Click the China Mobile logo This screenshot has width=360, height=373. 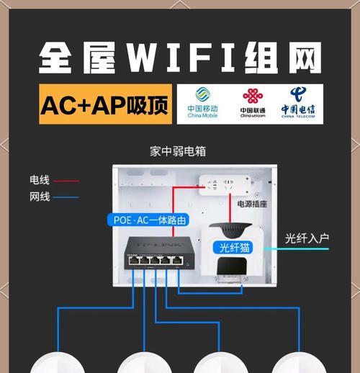click(203, 102)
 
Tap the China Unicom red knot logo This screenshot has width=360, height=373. click(253, 96)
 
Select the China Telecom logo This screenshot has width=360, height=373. click(298, 102)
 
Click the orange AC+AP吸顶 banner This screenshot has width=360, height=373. click(105, 104)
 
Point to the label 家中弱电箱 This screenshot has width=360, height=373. click(178, 151)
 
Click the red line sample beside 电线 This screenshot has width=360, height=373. click(66, 181)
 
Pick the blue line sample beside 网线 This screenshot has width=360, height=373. click(66, 197)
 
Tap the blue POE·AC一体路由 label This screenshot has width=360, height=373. click(148, 220)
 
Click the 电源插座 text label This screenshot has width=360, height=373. click(252, 204)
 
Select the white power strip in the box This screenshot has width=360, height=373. click(225, 185)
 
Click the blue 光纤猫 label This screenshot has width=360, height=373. click(233, 247)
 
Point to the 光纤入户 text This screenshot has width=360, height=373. click(307, 238)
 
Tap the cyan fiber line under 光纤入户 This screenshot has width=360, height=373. click(296, 249)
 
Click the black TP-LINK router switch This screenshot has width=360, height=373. click(159, 253)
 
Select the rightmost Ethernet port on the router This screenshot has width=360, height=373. click(177, 261)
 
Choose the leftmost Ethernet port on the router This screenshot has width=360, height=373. click(133, 261)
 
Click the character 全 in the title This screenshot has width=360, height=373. click(55, 58)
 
